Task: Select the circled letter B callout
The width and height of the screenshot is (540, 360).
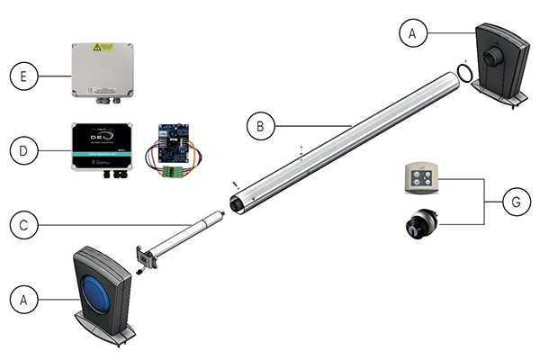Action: click(x=260, y=127)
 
